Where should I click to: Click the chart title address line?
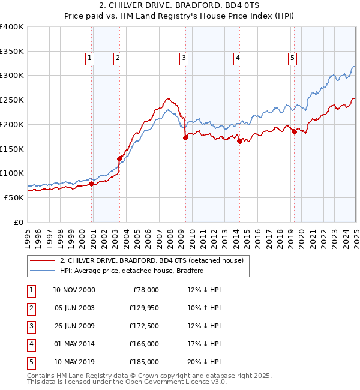(180, 7)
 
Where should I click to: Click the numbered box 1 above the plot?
(89, 58)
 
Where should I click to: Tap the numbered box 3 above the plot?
(183, 58)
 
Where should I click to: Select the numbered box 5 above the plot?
(292, 58)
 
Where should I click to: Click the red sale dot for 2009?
(185, 137)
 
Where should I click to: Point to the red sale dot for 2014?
(239, 141)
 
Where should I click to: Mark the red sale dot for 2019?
(294, 131)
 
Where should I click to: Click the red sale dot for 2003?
(119, 158)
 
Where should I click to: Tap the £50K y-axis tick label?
(14, 197)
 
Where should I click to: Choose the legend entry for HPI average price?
(132, 271)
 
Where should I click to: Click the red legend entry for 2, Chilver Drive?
(151, 261)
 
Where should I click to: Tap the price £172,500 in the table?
(143, 326)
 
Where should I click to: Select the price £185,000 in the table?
(143, 362)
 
